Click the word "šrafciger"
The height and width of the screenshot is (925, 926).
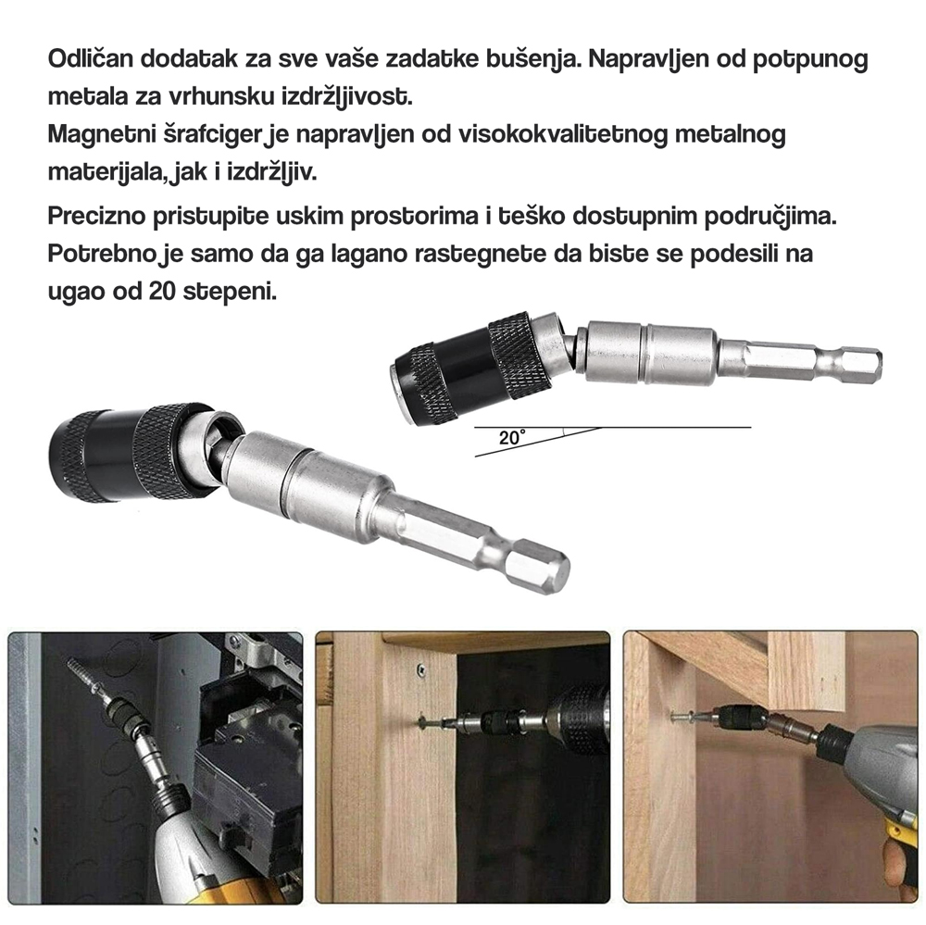[215, 136]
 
